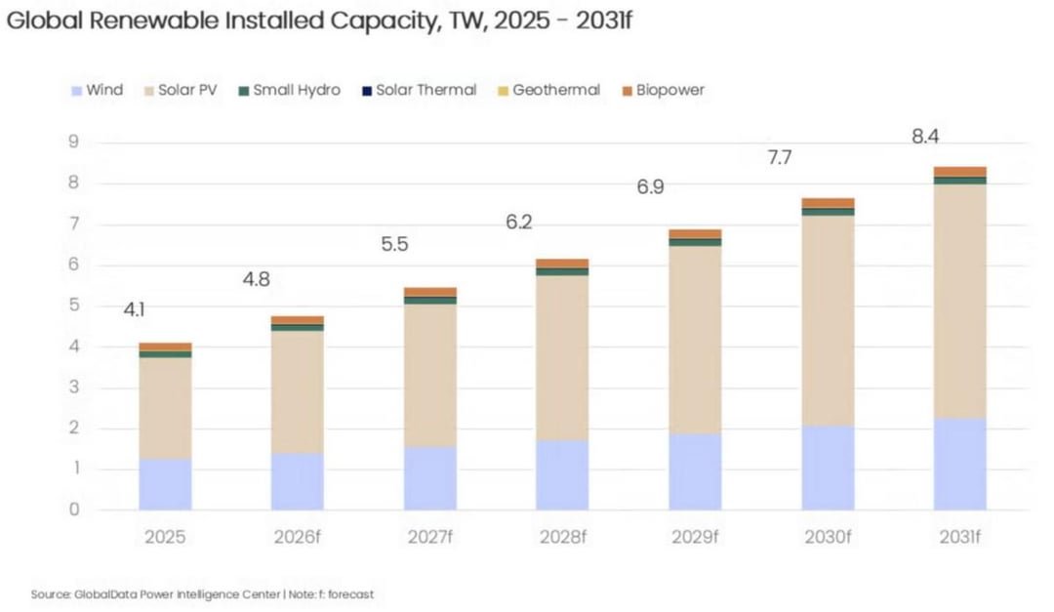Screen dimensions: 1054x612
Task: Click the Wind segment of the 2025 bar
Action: (x=165, y=484)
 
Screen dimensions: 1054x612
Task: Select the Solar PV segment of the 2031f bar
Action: (x=960, y=302)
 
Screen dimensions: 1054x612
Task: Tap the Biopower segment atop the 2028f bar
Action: (x=563, y=263)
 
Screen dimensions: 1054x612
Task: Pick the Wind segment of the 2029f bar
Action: (x=695, y=471)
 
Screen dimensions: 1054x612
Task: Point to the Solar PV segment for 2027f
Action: (x=430, y=375)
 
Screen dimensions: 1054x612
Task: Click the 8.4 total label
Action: (x=925, y=137)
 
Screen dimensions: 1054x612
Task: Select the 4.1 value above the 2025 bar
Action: (x=134, y=309)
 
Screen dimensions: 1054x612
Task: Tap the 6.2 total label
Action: (x=519, y=222)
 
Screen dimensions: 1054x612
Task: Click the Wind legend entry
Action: (x=98, y=90)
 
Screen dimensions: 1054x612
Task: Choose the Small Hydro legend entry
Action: (x=290, y=90)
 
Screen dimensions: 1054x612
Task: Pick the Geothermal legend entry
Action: (x=548, y=90)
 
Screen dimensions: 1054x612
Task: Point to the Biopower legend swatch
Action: (x=628, y=91)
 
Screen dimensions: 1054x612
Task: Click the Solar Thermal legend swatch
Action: (x=367, y=91)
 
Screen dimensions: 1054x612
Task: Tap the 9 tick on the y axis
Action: (x=73, y=142)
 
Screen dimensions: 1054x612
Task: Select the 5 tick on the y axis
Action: (x=73, y=306)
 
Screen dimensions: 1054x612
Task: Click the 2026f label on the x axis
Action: (x=297, y=537)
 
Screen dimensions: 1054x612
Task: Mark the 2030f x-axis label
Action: (x=828, y=537)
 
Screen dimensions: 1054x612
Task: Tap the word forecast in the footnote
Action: (x=351, y=594)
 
